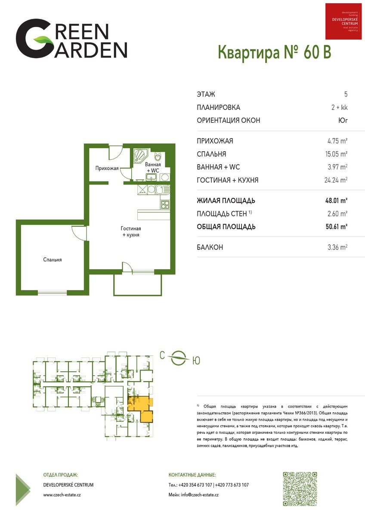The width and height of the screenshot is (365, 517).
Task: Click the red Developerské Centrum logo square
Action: (x=343, y=22)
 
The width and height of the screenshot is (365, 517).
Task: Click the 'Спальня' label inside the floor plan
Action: (x=53, y=260)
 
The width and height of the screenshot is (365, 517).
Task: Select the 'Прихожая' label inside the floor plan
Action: (x=107, y=168)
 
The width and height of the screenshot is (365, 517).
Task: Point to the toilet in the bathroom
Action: (x=158, y=156)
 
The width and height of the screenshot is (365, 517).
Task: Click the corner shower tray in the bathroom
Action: (x=140, y=156)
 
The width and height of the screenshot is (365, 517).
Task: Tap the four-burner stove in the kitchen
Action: (x=165, y=205)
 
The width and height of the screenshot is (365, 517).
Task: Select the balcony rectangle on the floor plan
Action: (x=137, y=285)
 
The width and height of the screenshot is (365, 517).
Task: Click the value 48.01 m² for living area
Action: (x=336, y=200)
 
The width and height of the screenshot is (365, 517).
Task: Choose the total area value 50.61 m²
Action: (x=337, y=227)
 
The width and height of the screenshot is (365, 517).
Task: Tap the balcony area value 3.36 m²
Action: (x=337, y=247)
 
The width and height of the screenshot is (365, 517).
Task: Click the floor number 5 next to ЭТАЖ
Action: (x=346, y=94)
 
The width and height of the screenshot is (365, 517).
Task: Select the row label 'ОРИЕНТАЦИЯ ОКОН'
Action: (x=228, y=120)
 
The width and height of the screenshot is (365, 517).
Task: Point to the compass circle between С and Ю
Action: (x=179, y=358)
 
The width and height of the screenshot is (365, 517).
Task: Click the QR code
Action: (x=300, y=489)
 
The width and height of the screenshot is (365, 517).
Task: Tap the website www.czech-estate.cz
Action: (x=62, y=495)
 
